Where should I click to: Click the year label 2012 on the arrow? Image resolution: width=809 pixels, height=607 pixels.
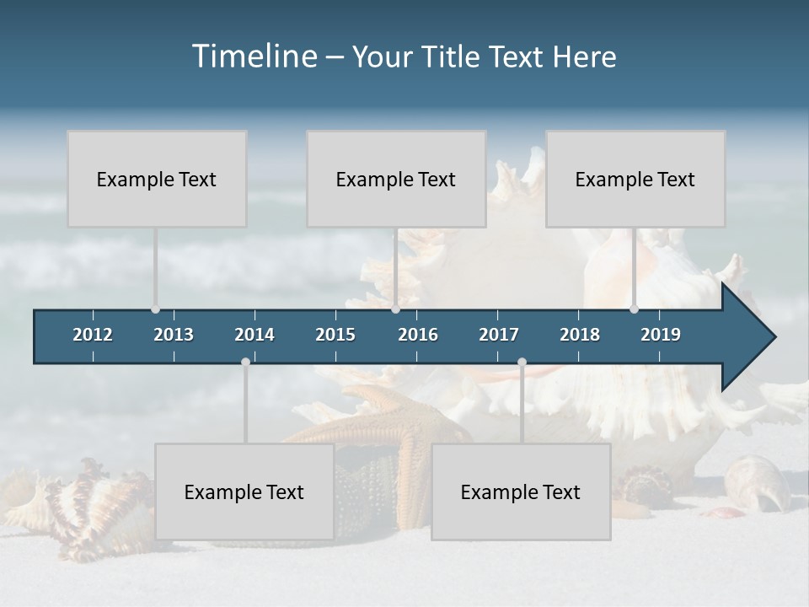click(93, 335)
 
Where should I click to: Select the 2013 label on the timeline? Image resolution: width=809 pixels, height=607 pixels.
click(174, 335)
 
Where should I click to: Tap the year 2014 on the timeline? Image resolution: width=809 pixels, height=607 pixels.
click(254, 335)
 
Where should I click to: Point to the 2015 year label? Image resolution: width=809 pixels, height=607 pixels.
click(335, 335)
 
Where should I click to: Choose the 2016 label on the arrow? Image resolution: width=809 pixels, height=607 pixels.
click(418, 335)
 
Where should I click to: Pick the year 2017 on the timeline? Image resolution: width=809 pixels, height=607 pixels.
click(499, 335)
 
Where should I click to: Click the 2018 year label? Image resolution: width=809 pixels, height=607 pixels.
click(580, 335)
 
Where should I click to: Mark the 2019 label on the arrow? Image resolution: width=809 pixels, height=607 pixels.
click(661, 335)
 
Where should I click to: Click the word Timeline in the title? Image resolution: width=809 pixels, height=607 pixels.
click(254, 56)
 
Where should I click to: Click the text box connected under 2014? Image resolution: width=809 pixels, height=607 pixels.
click(244, 492)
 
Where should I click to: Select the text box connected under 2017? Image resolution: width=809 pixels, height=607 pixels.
click(521, 492)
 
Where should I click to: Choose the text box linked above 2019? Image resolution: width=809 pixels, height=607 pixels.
click(635, 179)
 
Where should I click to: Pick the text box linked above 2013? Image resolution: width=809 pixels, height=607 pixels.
click(157, 179)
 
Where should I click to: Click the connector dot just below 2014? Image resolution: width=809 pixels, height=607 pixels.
click(245, 362)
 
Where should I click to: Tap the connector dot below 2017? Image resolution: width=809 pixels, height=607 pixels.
click(522, 362)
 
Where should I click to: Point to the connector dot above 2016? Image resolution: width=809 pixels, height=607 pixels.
click(395, 309)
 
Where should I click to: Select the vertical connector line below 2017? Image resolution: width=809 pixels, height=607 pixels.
click(522, 405)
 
